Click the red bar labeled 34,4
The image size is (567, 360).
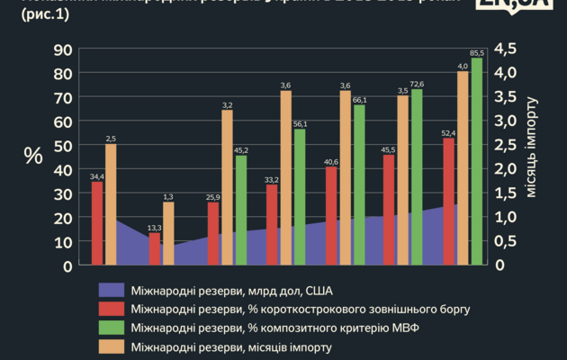point(96,223)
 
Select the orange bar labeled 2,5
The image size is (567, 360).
point(111,204)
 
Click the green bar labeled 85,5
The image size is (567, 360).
point(477,162)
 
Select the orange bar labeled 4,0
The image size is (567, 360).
point(463,168)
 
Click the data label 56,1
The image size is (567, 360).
point(300,124)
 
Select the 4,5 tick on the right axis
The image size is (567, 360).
point(506,49)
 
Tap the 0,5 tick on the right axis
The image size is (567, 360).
point(506,241)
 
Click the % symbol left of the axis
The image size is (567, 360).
point(33,155)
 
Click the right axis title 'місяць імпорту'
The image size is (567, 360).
point(532,157)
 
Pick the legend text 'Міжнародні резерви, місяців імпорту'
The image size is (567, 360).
point(231,346)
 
